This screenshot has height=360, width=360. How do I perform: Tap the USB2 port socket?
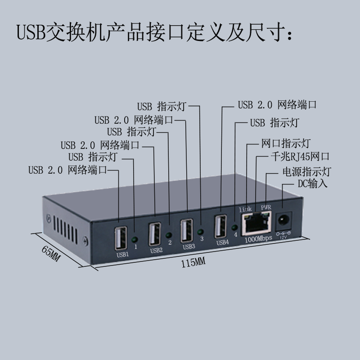[x=155, y=234]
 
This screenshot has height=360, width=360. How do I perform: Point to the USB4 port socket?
[x=221, y=226]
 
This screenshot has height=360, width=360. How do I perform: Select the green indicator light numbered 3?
[x=201, y=231]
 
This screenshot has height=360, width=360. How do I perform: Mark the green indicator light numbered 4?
[x=235, y=227]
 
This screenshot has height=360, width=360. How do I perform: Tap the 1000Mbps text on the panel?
[x=258, y=239]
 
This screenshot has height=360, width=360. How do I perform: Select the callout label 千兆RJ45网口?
[x=299, y=157]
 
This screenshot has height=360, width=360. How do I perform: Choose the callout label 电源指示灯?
[x=306, y=171]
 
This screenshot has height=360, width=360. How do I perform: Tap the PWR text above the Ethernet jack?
[x=266, y=207]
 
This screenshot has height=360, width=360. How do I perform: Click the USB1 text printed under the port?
[x=123, y=255]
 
